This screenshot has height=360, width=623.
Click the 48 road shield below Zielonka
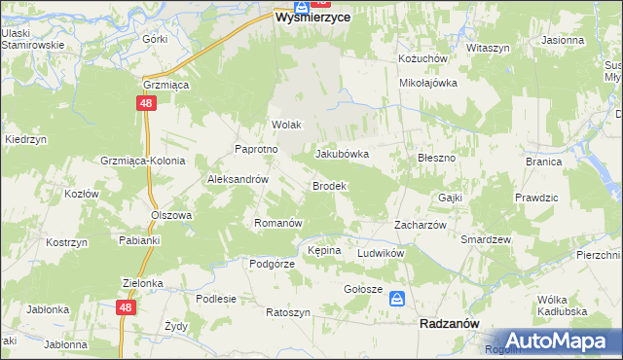[125, 306]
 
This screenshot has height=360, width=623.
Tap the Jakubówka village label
[342, 154]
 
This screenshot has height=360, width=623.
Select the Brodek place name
[328, 185]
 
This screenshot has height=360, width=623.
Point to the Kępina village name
[324, 250]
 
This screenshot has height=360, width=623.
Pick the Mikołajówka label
[428, 83]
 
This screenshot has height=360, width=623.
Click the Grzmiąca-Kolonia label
[142, 161]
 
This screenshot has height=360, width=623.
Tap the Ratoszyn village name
[288, 312]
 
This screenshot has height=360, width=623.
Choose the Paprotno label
[257, 149]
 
